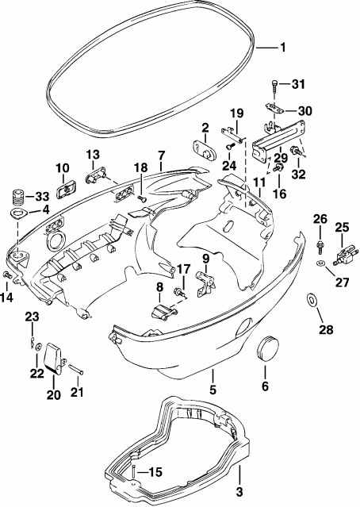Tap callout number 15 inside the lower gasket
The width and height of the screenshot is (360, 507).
click(155, 472)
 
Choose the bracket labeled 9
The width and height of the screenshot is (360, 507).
click(205, 279)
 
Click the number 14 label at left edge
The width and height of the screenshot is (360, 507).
click(8, 298)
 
